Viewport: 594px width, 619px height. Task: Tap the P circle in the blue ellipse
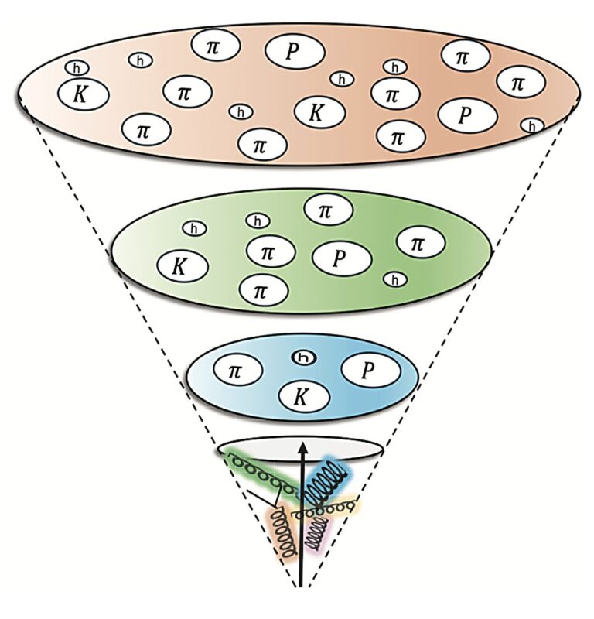tap(370, 372)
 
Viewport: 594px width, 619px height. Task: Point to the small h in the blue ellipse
tap(303, 357)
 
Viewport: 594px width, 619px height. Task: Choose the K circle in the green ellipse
tap(183, 267)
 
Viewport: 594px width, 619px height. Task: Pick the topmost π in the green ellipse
tap(328, 210)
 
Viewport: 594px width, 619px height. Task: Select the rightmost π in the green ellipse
tap(420, 244)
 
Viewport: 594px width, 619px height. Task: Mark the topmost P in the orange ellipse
tap(291, 51)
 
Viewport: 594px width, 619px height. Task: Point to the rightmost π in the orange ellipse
tap(520, 81)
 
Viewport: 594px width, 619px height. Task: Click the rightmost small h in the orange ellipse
tap(531, 125)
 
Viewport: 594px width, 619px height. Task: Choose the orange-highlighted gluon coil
tap(285, 535)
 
